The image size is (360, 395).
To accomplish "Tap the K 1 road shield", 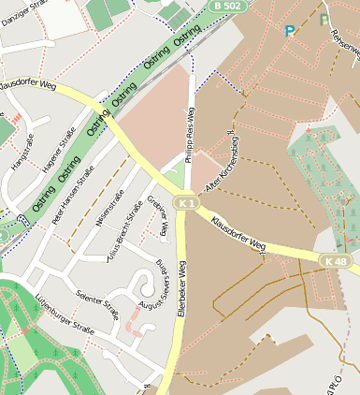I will point(187,203).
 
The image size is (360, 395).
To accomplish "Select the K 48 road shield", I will point(336,260).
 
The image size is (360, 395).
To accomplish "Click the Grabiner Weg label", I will point(157,215).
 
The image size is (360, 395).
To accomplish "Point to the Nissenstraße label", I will point(110,209).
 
